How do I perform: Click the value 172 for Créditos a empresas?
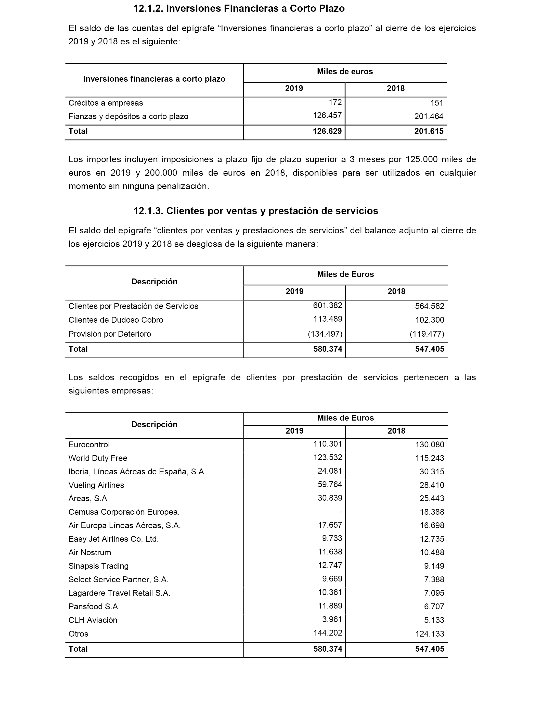335,102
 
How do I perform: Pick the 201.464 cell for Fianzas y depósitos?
429,117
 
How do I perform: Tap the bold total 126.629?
327,131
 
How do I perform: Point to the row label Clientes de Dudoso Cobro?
116,320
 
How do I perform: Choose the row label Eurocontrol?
89,445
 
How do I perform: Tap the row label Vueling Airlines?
96,485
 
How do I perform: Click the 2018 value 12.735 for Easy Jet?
432,539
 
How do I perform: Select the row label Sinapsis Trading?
98,566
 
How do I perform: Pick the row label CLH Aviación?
93,620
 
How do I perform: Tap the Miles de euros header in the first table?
345,72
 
